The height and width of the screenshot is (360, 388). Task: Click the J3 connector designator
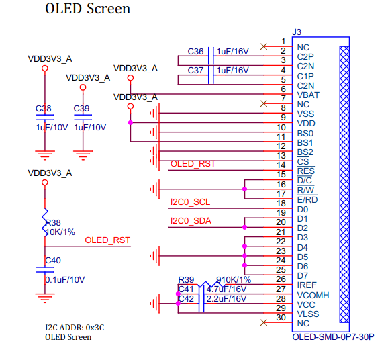click(297, 32)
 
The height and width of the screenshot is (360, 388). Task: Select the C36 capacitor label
click(195, 51)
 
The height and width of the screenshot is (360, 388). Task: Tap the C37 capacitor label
click(195, 70)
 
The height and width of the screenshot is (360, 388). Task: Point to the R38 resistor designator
click(52, 223)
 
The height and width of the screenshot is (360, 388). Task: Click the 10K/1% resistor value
click(60, 232)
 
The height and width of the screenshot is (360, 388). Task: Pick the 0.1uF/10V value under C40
click(64, 279)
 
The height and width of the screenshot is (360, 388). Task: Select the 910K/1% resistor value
click(234, 279)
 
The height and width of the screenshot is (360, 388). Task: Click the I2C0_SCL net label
click(190, 201)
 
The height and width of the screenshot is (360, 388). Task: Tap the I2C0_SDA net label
click(191, 220)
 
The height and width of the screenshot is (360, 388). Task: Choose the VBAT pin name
click(307, 95)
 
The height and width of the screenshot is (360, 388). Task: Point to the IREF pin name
click(306, 285)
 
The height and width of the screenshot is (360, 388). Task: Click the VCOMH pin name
click(311, 295)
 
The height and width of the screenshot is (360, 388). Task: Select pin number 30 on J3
click(281, 318)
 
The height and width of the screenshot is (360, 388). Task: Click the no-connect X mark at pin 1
click(263, 46)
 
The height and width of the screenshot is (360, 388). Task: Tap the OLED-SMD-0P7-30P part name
click(333, 336)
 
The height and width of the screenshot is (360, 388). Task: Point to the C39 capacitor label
click(81, 108)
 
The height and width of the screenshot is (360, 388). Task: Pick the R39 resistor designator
click(185, 279)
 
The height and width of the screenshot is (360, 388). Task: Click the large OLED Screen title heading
click(87, 9)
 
